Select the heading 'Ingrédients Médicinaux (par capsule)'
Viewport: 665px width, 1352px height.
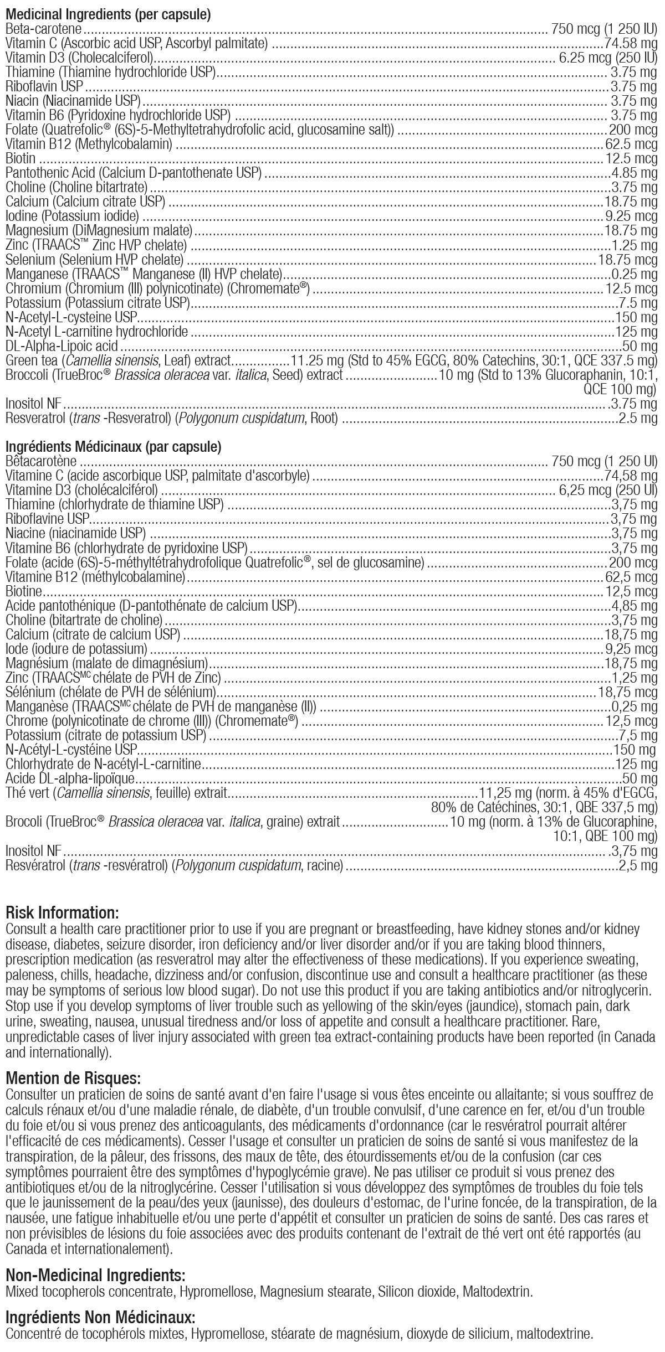pyautogui.click(x=113, y=446)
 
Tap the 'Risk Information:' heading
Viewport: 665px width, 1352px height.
pyautogui.click(x=62, y=912)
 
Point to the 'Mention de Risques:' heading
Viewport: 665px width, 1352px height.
pyautogui.click(x=73, y=1078)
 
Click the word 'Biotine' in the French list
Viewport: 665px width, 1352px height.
pyautogui.click(x=24, y=591)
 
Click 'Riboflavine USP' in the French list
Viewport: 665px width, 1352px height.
pyautogui.click(x=48, y=519)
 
